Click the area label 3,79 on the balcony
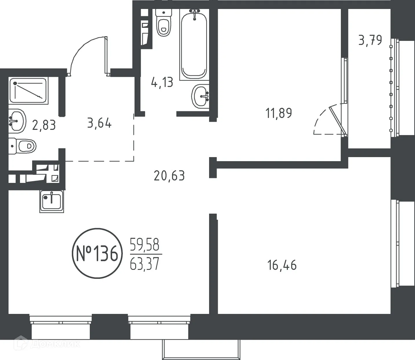point(370,40)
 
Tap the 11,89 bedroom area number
point(279,113)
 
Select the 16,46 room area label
point(282,265)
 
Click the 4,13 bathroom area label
point(162,83)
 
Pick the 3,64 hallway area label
point(99,123)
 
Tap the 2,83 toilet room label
point(44,126)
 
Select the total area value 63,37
point(145,264)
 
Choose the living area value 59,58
point(145,245)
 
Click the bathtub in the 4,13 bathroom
point(194,43)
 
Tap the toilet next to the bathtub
point(164,23)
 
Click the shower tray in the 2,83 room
point(28,91)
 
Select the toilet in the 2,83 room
point(23,146)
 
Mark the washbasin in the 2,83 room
point(17,121)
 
